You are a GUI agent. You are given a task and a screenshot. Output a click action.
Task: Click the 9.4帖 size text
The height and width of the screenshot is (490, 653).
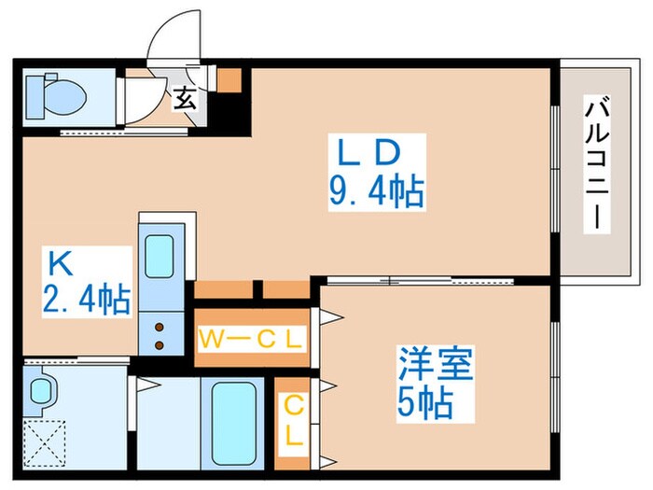pos(376,192)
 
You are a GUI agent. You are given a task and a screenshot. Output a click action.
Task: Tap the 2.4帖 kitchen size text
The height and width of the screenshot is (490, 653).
pos(84,301)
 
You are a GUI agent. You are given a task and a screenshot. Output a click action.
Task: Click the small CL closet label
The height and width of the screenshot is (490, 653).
pos(294,420)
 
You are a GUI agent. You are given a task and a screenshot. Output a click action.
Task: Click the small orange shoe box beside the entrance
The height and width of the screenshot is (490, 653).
pos(229,78)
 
